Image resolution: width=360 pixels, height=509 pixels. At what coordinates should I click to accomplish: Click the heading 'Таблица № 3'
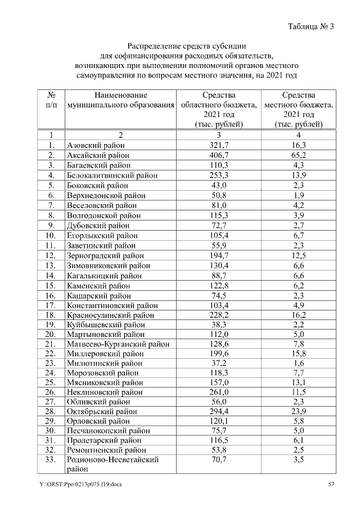click(310, 27)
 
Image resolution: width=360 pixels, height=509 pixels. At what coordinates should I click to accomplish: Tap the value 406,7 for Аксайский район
click(218, 155)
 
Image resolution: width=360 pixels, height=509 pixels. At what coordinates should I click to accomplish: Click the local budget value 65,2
click(298, 155)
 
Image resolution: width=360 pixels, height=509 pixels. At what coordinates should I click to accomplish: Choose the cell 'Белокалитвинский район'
click(112, 175)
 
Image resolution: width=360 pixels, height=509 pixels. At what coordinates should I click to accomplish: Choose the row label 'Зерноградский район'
click(106, 256)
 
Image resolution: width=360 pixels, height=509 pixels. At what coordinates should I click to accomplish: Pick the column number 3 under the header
click(218, 135)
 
